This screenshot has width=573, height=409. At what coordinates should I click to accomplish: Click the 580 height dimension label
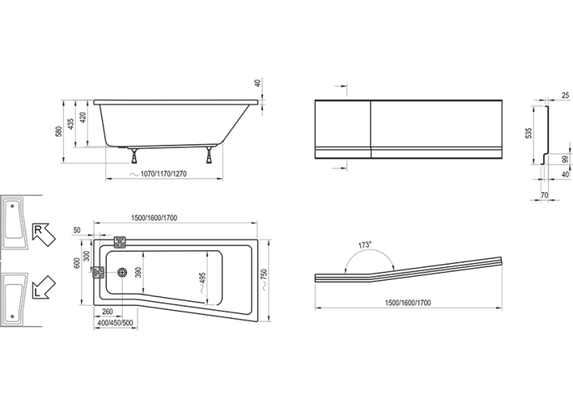[59, 131]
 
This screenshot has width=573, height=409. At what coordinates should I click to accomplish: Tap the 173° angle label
[364, 245]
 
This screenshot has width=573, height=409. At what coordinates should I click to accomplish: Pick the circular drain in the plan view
[122, 272]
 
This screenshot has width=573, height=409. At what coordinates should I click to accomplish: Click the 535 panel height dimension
[528, 134]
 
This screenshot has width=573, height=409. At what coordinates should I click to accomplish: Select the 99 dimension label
[566, 160]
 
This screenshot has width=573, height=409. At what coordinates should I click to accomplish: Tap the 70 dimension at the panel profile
[544, 196]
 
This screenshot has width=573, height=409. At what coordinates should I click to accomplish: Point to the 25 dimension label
[566, 95]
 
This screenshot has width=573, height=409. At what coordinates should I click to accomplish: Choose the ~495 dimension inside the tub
[203, 282]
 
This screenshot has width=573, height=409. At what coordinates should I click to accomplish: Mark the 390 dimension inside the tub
[138, 272]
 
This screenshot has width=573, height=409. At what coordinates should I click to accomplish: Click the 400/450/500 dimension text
[115, 323]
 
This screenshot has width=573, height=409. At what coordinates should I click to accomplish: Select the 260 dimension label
[107, 311]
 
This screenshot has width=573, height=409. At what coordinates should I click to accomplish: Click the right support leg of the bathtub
[210, 155]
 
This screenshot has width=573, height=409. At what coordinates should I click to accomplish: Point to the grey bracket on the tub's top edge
[120, 242]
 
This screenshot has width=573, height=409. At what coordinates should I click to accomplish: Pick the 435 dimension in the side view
[71, 124]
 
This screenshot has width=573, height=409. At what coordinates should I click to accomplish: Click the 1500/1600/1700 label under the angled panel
[407, 303]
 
